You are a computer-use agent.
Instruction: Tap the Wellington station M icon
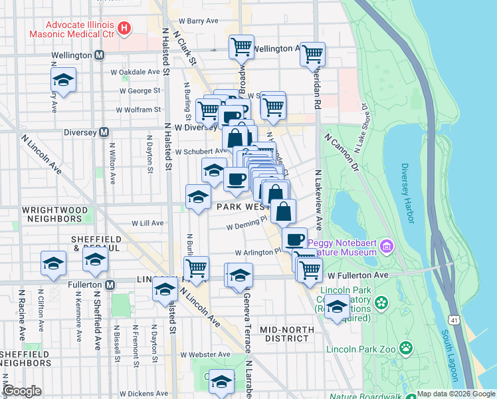(99, 55)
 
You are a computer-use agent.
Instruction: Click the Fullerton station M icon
(110, 285)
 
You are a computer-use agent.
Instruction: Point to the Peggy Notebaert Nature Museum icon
(387, 248)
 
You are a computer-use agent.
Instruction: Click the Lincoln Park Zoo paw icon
(405, 348)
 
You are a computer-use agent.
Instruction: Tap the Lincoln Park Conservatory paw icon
(381, 303)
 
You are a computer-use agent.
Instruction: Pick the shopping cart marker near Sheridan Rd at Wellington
(312, 55)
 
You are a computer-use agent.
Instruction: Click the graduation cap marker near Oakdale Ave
(63, 80)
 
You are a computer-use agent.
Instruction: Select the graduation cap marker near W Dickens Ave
(222, 381)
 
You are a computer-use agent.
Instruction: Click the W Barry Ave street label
(203, 21)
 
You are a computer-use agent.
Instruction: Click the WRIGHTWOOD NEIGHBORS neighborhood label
(52, 213)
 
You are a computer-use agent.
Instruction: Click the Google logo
(23, 391)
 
